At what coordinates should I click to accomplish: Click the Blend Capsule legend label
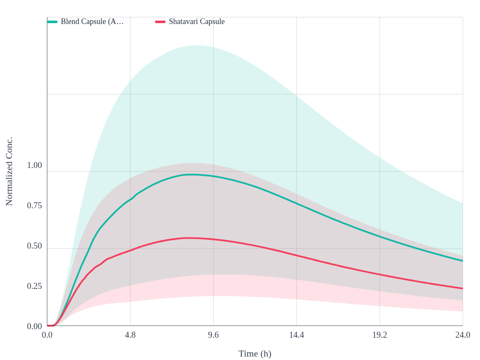(x=92, y=22)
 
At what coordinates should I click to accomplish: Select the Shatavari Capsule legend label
(x=197, y=22)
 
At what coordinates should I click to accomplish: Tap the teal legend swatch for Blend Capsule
(x=52, y=22)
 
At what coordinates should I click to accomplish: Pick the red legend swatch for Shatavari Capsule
(x=160, y=22)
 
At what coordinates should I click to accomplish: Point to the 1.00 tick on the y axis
(x=35, y=165)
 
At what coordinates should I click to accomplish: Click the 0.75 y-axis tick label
(x=35, y=205)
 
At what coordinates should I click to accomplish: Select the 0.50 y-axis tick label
(x=35, y=246)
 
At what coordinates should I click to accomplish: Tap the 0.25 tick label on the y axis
(x=35, y=286)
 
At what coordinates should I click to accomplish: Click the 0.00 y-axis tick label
(x=35, y=326)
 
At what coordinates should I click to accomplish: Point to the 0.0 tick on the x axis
(x=47, y=335)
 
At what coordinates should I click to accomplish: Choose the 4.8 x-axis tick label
(x=130, y=335)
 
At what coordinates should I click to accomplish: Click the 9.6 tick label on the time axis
(x=213, y=335)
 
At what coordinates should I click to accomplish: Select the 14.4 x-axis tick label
(x=297, y=335)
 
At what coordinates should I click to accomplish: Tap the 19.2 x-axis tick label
(x=380, y=335)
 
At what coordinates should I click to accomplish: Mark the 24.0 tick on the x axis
(x=462, y=335)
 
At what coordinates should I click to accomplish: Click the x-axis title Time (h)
(x=255, y=354)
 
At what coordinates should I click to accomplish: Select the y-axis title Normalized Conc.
(x=9, y=171)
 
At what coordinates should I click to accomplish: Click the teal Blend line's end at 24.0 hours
(x=462, y=261)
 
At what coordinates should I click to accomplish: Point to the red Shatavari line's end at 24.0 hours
(x=462, y=288)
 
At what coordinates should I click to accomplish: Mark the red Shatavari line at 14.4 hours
(x=297, y=255)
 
